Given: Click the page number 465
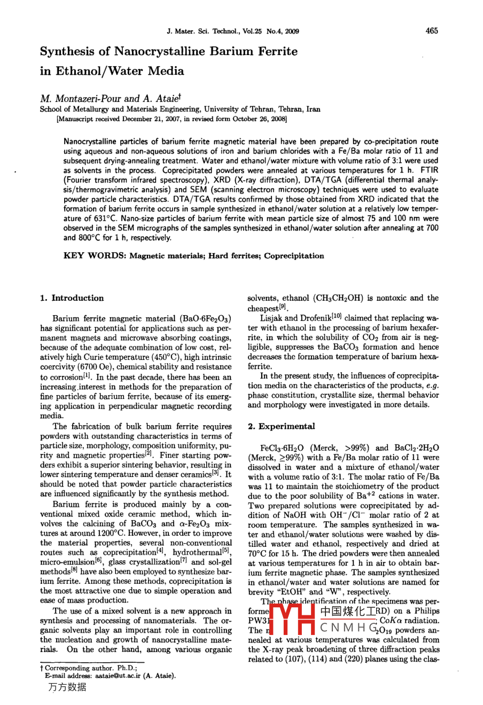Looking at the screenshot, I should coord(432,31).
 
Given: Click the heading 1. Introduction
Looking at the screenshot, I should coord(72,298).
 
